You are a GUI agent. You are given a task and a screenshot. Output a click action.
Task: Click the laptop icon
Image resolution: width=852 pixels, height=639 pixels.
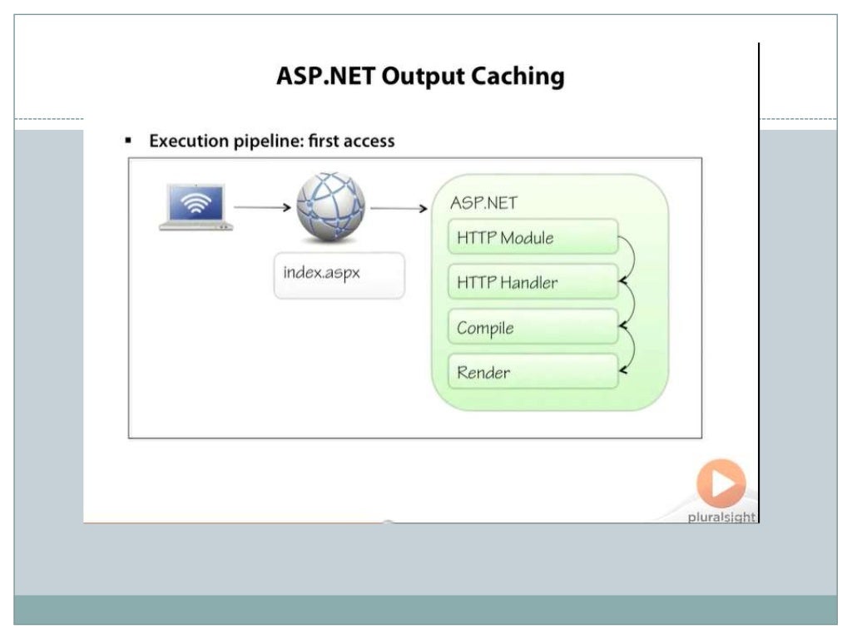(x=196, y=207)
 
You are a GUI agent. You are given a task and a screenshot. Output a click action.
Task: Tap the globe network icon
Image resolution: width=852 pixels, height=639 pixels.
(x=330, y=207)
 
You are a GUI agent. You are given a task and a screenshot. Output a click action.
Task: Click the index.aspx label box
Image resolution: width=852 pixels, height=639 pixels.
(x=339, y=275)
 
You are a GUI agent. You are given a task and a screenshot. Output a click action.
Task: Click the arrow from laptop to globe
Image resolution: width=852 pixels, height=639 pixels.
(x=263, y=207)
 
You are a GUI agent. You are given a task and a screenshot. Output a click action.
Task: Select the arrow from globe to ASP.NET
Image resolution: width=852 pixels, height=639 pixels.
(x=399, y=208)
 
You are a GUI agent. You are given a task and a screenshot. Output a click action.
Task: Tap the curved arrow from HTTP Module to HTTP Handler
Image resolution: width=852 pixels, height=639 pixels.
(x=630, y=260)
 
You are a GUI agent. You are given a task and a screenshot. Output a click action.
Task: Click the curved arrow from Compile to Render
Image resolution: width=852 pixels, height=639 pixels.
(x=630, y=349)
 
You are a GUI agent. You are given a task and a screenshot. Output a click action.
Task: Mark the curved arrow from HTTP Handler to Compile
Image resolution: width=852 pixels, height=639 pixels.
(x=630, y=305)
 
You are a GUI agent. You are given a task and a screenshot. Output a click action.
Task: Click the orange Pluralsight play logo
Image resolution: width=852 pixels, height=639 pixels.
(x=721, y=483)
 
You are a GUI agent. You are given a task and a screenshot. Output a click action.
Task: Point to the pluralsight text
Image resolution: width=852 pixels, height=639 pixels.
(x=721, y=517)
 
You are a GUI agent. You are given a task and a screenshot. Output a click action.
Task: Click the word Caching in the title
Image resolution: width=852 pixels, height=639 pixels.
(x=518, y=77)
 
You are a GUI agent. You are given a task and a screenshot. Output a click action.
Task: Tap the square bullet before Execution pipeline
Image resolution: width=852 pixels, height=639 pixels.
(x=129, y=141)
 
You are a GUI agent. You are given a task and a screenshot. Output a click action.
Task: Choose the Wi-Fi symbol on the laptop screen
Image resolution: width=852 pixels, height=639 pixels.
(x=196, y=202)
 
